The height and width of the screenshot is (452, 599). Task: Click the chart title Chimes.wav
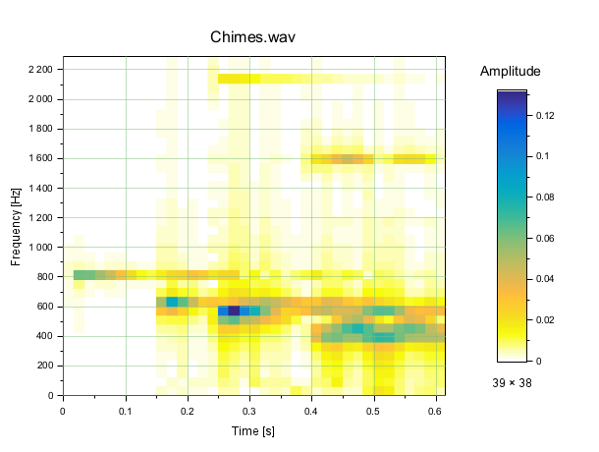click(252, 37)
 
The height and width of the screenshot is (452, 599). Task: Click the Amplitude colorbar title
click(510, 72)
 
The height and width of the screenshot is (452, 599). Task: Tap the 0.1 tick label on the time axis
click(126, 411)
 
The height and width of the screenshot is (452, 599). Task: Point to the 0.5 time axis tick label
click(374, 411)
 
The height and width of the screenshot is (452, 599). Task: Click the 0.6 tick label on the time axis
click(436, 411)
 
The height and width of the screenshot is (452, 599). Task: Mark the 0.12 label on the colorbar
click(546, 116)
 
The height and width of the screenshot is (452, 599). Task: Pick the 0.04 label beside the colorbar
click(546, 279)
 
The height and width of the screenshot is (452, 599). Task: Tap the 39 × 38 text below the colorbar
click(512, 383)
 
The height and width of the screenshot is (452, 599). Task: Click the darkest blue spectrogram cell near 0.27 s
click(234, 311)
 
